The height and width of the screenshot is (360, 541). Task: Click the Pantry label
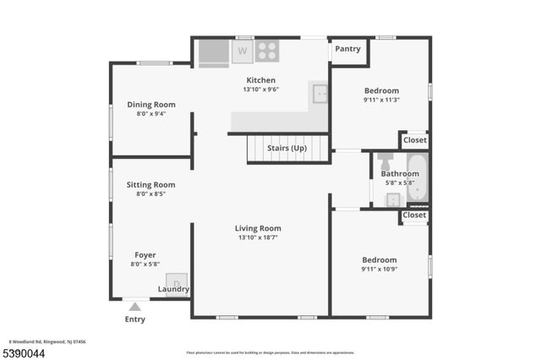click(x=347, y=49)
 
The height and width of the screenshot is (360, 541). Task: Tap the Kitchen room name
click(x=260, y=80)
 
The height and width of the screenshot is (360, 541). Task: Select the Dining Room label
click(x=151, y=105)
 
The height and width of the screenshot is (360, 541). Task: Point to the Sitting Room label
click(x=150, y=184)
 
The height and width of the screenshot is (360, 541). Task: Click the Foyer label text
click(x=145, y=254)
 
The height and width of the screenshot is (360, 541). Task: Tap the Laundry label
click(x=174, y=289)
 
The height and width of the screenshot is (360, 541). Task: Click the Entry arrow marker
click(x=135, y=307)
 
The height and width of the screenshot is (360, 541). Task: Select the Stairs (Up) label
click(x=287, y=149)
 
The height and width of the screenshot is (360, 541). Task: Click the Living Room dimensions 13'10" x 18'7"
click(x=258, y=237)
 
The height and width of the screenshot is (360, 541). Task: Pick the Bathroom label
click(x=400, y=174)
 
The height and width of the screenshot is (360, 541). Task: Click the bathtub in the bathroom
click(x=418, y=178)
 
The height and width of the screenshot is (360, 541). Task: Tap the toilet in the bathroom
click(x=385, y=161)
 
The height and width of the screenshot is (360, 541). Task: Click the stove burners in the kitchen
click(x=267, y=51)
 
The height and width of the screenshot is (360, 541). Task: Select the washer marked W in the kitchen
click(x=243, y=51)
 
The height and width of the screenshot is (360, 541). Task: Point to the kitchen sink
click(x=319, y=93)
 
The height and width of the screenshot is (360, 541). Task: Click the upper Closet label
click(x=414, y=140)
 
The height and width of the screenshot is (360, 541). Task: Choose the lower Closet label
click(x=414, y=215)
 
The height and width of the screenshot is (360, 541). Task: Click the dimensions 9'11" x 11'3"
click(x=381, y=100)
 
